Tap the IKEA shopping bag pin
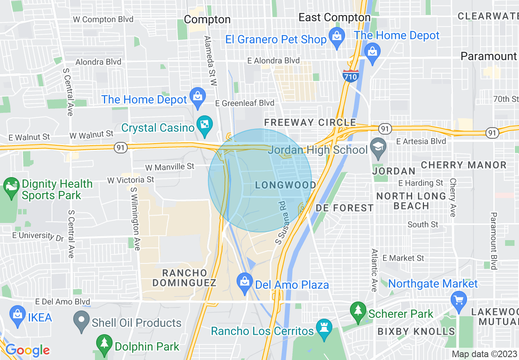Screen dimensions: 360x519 [17, 317]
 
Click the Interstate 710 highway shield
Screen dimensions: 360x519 [351, 76]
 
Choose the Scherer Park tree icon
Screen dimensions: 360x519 [358, 312]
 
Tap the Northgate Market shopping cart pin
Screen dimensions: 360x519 [458, 300]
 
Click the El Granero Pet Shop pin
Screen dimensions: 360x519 [337, 37]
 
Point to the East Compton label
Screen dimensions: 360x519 [334, 18]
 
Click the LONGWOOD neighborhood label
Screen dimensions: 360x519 [285, 185]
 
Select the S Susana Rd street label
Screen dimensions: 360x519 [280, 223]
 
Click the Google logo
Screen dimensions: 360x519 [27, 350]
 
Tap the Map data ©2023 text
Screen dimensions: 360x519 [484, 354]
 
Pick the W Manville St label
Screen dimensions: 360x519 [169, 166]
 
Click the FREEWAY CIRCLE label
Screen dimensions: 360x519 [310, 122]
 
